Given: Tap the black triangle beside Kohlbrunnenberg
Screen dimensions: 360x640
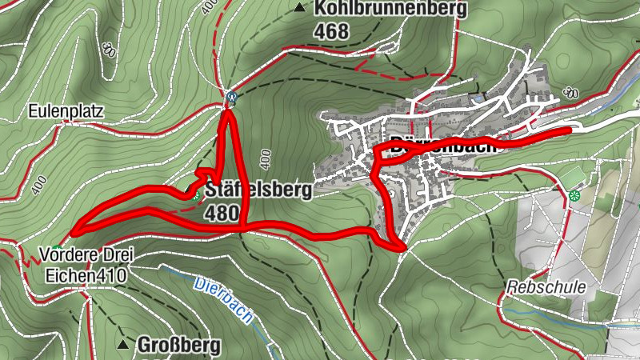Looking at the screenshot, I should pos(300,9).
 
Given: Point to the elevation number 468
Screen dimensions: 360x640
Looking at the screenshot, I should pos(332,32).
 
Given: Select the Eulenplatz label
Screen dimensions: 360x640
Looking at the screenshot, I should pos(66,111).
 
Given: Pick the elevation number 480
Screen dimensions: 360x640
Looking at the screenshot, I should pos(222,214).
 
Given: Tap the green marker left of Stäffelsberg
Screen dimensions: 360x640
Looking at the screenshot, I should pos(194,192).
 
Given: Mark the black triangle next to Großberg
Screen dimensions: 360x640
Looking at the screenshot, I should pos(123,345).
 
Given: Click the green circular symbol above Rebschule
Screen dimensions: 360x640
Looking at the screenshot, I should pos(574,194).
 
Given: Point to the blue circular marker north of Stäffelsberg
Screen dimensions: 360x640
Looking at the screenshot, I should pos(231,98).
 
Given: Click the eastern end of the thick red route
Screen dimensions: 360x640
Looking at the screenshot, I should pos(569,129).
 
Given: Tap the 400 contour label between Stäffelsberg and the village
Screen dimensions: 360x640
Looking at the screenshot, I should pos(266,157).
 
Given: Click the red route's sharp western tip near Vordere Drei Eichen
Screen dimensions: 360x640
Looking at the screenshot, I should pos(72,232).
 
